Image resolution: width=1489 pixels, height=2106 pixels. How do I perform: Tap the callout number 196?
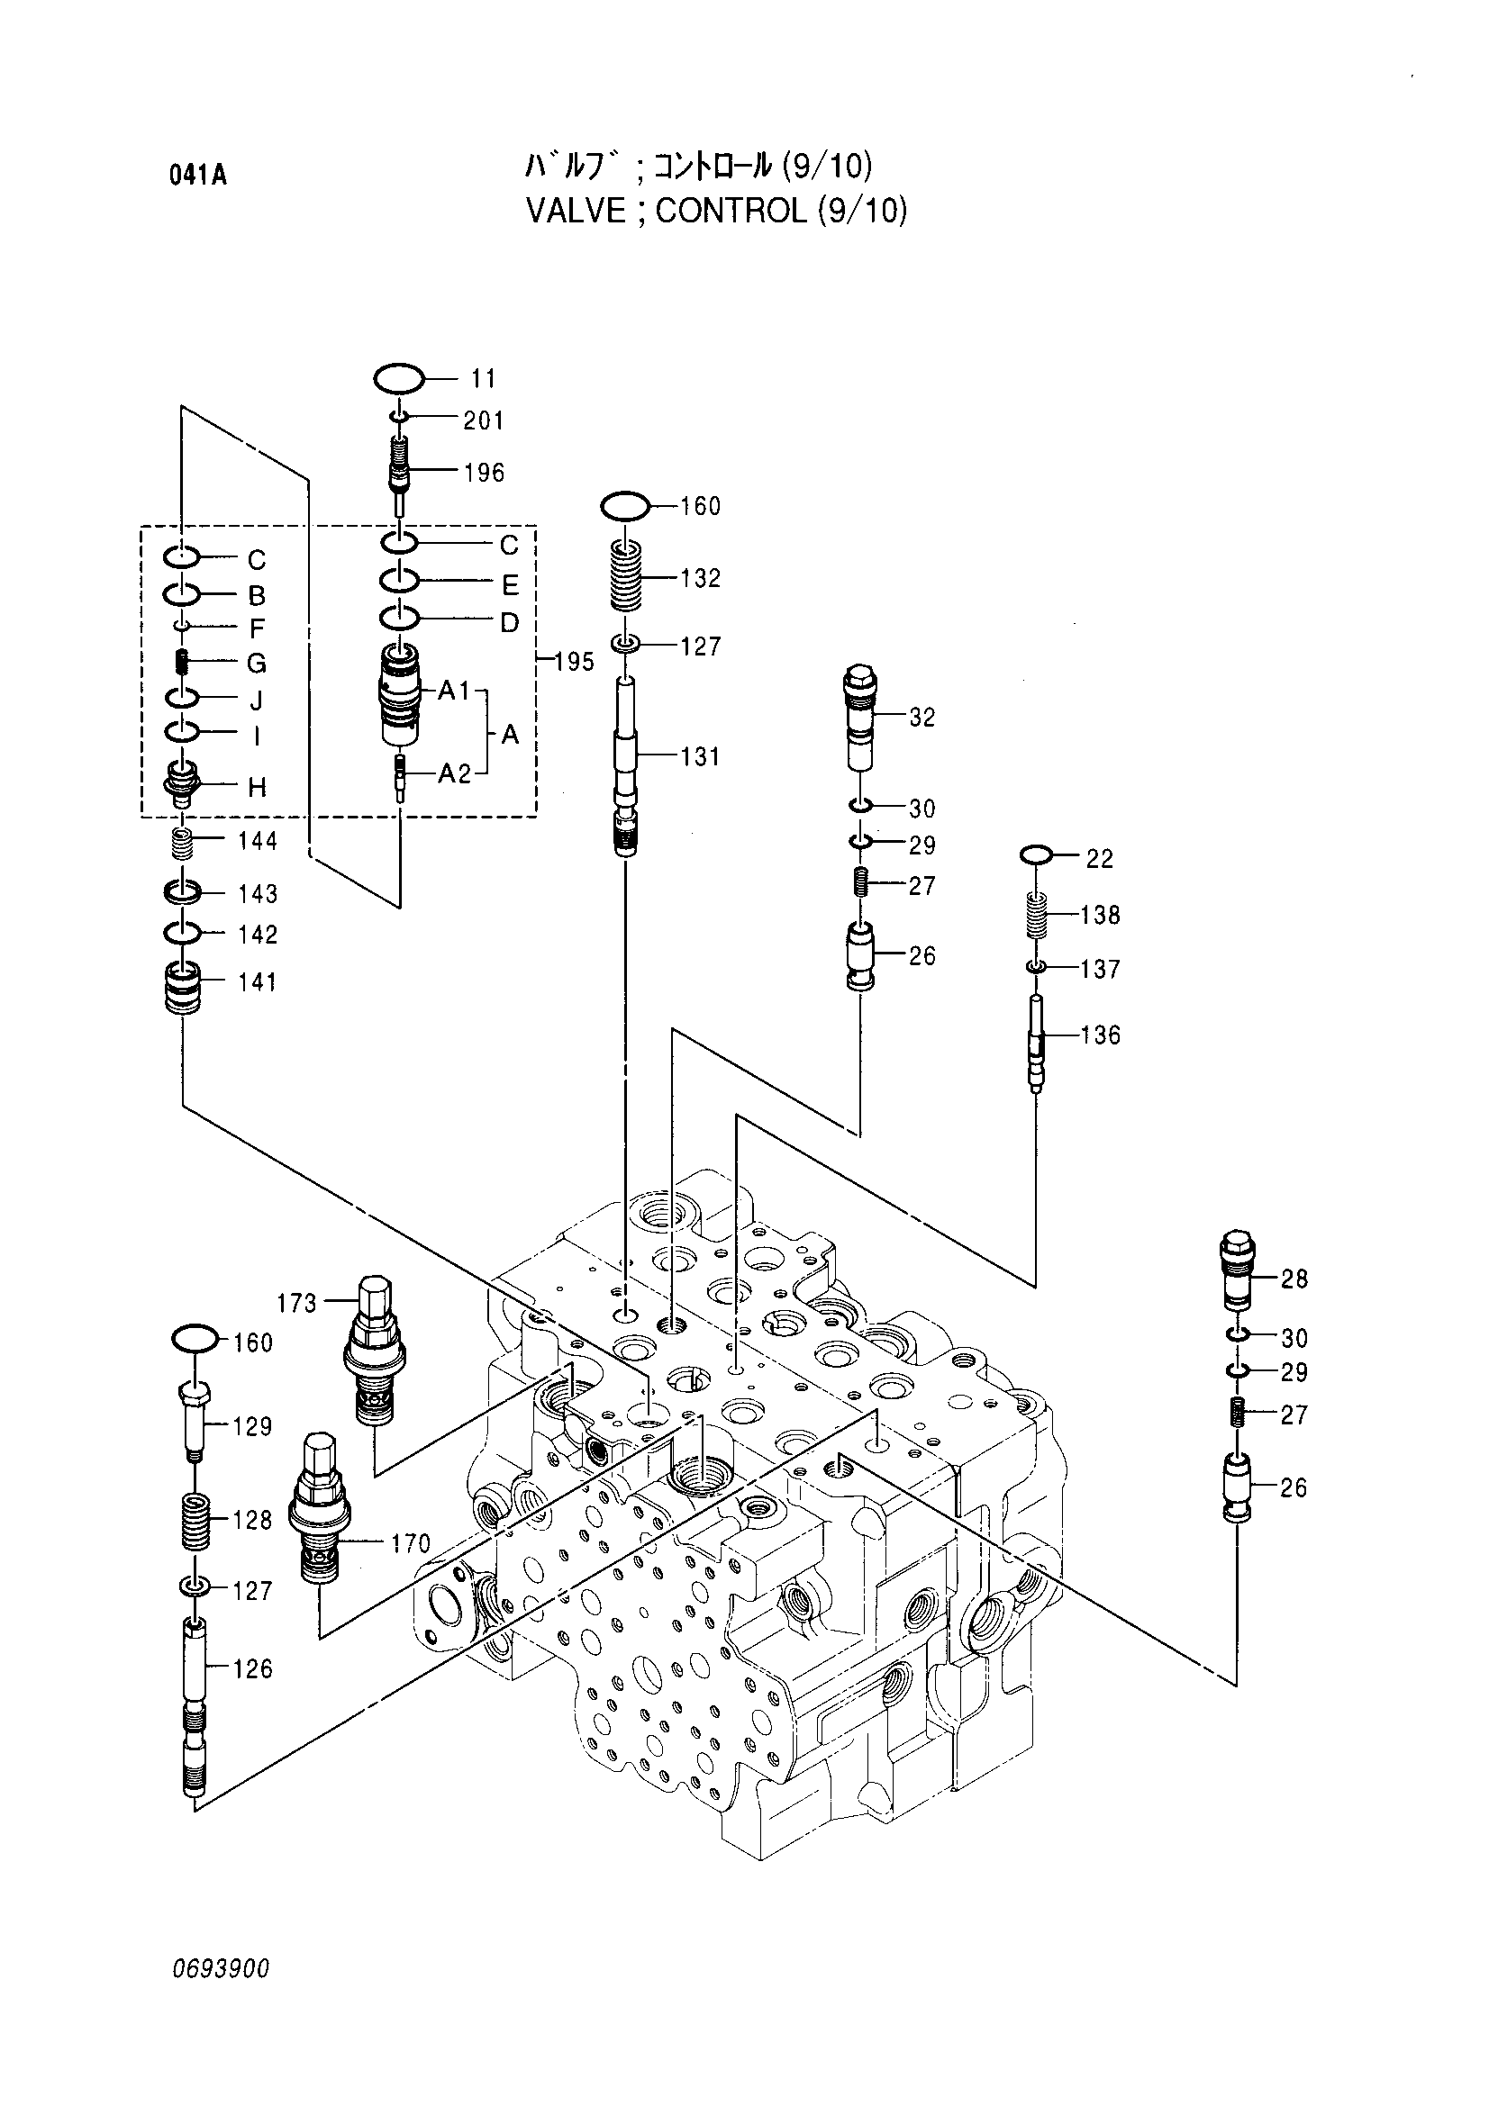pos(484,473)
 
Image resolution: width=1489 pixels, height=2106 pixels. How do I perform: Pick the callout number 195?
pos(575,662)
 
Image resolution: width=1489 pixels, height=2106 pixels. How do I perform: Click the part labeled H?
pos(182,782)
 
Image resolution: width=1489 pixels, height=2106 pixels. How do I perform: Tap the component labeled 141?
pos(182,987)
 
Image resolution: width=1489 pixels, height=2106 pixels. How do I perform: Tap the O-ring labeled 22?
pos(1036,854)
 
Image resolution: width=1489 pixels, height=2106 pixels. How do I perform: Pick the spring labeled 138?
pos(1036,916)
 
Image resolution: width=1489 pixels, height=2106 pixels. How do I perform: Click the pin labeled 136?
pos(1036,1044)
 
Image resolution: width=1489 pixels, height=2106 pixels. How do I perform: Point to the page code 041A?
pos(197,175)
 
